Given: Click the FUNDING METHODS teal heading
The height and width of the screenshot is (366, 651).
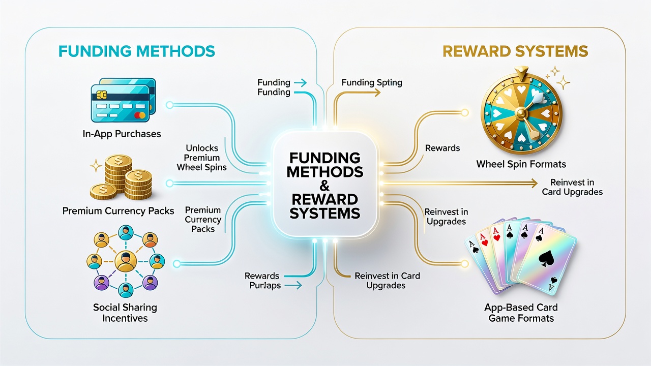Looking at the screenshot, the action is click(137, 51).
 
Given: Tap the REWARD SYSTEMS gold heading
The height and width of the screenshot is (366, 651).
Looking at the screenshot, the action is click(515, 51).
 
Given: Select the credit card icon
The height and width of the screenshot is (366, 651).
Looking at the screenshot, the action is click(123, 100).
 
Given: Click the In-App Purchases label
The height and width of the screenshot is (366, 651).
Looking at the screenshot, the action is click(122, 134).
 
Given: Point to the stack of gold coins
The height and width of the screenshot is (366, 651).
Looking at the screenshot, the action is click(121, 177).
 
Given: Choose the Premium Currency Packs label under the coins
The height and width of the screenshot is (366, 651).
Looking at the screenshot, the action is click(118, 211).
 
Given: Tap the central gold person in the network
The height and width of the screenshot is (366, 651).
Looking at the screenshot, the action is click(126, 261).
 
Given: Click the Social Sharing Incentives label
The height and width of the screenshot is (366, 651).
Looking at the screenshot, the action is click(125, 313).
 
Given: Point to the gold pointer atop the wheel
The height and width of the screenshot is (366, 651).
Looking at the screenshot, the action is click(521, 73).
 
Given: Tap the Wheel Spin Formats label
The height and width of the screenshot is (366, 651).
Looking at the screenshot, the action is click(521, 164).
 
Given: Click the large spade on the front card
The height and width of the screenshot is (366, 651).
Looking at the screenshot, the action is click(546, 258).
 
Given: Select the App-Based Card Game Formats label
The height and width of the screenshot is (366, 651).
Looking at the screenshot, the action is click(521, 313).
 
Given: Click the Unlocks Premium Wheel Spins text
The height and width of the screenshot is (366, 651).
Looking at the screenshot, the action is click(202, 158).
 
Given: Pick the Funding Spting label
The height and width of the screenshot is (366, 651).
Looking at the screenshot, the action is click(372, 83).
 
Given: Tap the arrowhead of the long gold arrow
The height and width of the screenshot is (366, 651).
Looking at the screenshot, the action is click(534, 183).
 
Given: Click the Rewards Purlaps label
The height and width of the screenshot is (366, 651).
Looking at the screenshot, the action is click(263, 281).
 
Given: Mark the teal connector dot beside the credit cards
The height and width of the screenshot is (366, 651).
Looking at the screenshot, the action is click(169, 105).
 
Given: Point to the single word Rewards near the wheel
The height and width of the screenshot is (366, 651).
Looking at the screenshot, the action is click(442, 148).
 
